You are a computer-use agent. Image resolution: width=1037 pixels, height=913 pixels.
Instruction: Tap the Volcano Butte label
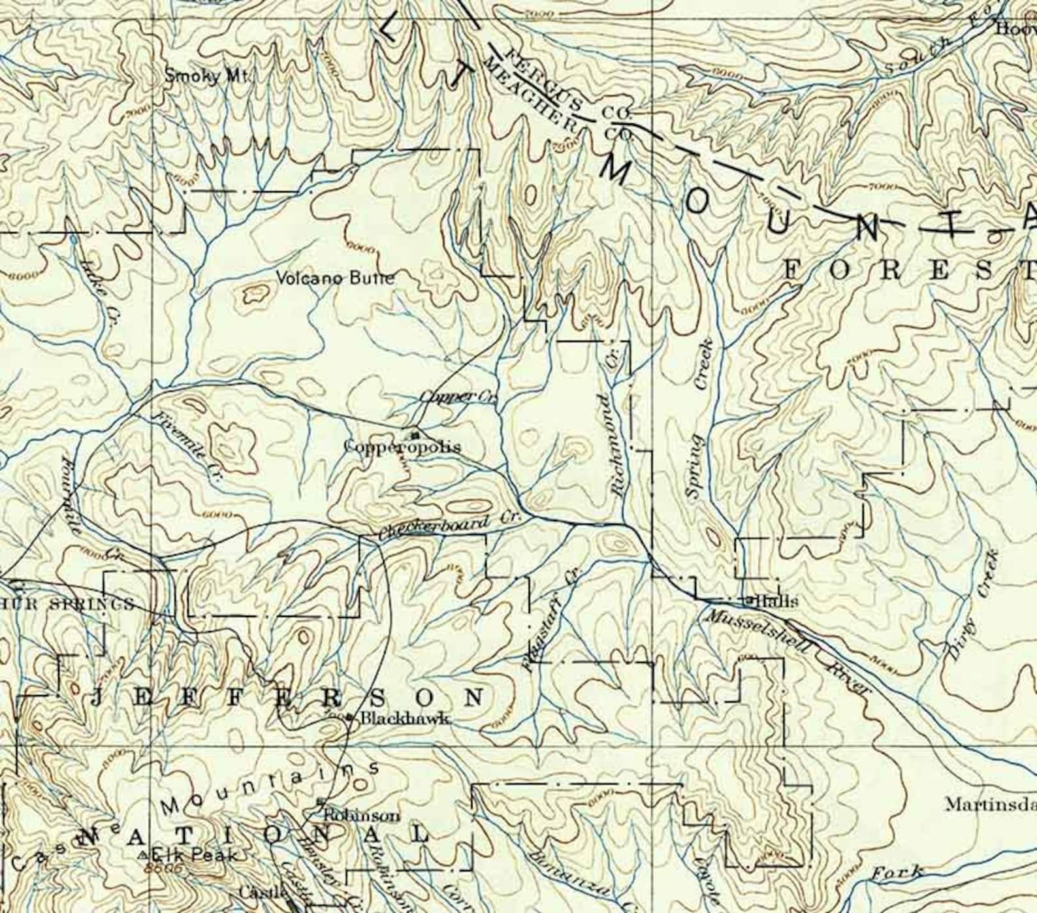click(x=336, y=278)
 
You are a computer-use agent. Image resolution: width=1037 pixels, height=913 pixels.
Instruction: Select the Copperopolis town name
click(x=402, y=447)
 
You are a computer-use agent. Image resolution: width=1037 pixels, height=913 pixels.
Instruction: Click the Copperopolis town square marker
click(x=414, y=434)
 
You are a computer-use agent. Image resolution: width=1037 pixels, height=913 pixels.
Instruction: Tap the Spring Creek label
click(x=700, y=418)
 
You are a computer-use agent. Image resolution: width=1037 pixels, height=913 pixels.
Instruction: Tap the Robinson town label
click(x=361, y=816)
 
